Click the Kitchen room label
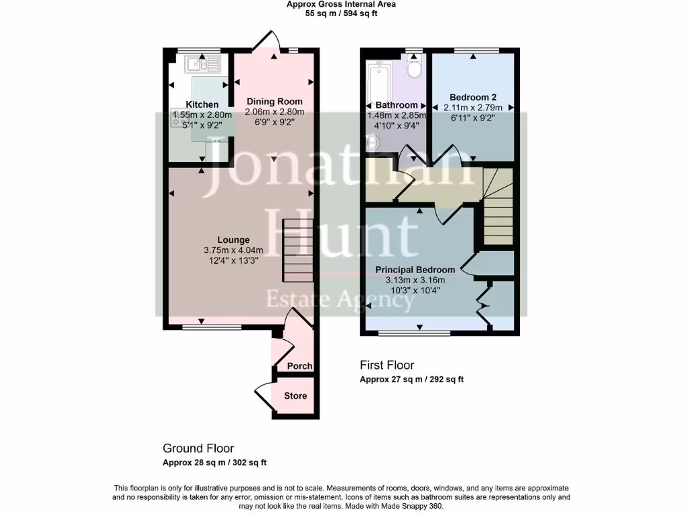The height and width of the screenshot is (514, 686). pyautogui.click(x=202, y=104)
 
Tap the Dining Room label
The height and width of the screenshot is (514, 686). pyautogui.click(x=275, y=102)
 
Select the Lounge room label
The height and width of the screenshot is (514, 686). pyautogui.click(x=233, y=240)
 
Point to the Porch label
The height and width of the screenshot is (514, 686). pyautogui.click(x=299, y=366)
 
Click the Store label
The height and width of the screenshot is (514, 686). pyautogui.click(x=295, y=396)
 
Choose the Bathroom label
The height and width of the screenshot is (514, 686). pyautogui.click(x=397, y=105)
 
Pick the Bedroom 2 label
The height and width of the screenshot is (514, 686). pyautogui.click(x=473, y=97)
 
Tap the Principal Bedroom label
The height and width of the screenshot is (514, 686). pyautogui.click(x=415, y=270)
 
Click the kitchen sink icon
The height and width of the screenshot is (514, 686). pyautogui.click(x=203, y=64)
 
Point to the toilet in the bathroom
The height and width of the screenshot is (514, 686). pyautogui.click(x=415, y=67)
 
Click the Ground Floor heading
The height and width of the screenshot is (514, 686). pyautogui.click(x=198, y=448)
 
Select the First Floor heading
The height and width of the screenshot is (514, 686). pyautogui.click(x=387, y=365)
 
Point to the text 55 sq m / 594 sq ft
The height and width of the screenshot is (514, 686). pyautogui.click(x=341, y=13)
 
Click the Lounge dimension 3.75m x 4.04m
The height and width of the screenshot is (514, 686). pyautogui.click(x=233, y=250)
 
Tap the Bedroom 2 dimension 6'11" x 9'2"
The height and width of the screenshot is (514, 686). pyautogui.click(x=473, y=118)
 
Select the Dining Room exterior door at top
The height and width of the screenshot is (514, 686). pyautogui.click(x=265, y=40)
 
